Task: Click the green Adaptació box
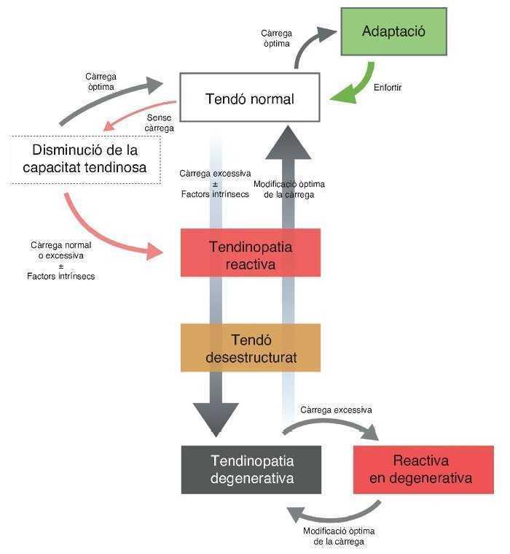click(393, 32)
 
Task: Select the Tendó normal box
click(250, 98)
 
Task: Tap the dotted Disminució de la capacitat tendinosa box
click(86, 158)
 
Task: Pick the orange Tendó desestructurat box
click(251, 349)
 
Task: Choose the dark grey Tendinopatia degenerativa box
click(251, 469)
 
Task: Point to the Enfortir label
click(388, 88)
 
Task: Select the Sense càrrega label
click(160, 122)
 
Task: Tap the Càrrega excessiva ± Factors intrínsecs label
click(215, 184)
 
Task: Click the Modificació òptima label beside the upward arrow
click(289, 189)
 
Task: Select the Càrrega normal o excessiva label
click(60, 261)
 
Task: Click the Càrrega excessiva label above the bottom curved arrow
click(336, 409)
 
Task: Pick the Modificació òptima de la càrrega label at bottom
click(339, 536)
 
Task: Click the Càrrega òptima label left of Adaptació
click(275, 38)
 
